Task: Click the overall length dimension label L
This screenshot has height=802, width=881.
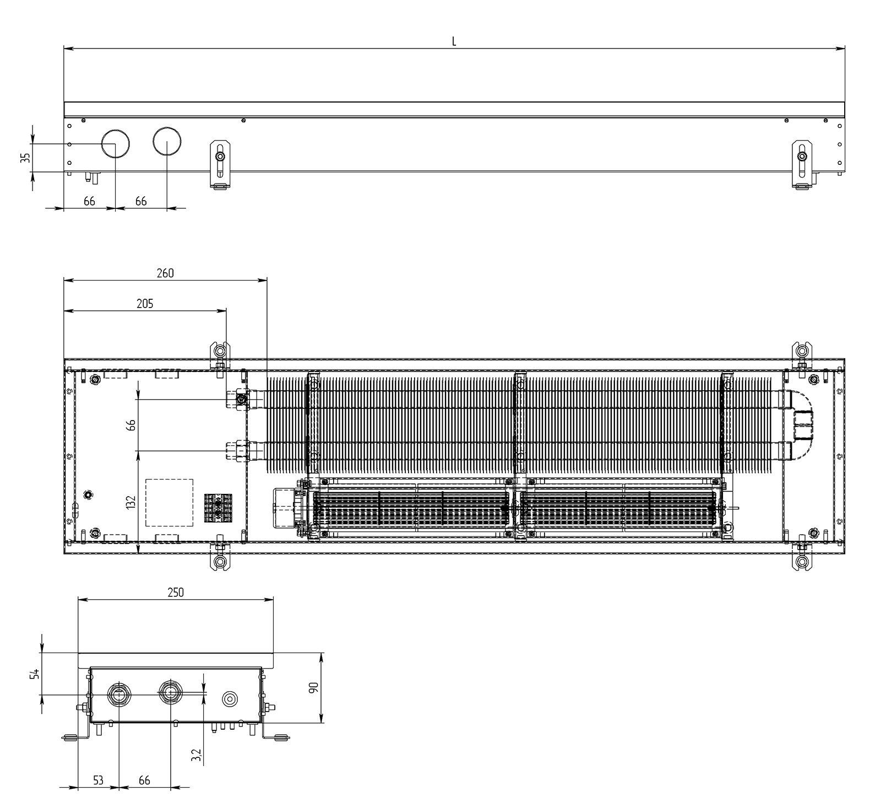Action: (454, 42)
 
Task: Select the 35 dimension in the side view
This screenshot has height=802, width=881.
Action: (25, 158)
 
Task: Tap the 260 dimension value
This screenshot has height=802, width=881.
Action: (165, 273)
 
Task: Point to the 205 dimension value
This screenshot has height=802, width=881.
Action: (145, 303)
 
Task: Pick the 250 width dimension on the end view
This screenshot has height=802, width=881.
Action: (176, 593)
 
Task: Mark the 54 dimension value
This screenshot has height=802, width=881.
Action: (35, 674)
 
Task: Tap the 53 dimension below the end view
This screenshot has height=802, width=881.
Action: (98, 781)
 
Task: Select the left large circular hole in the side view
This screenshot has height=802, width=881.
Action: (116, 143)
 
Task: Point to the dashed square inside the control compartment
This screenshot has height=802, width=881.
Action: (169, 503)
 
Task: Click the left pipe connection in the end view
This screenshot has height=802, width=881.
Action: (119, 694)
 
